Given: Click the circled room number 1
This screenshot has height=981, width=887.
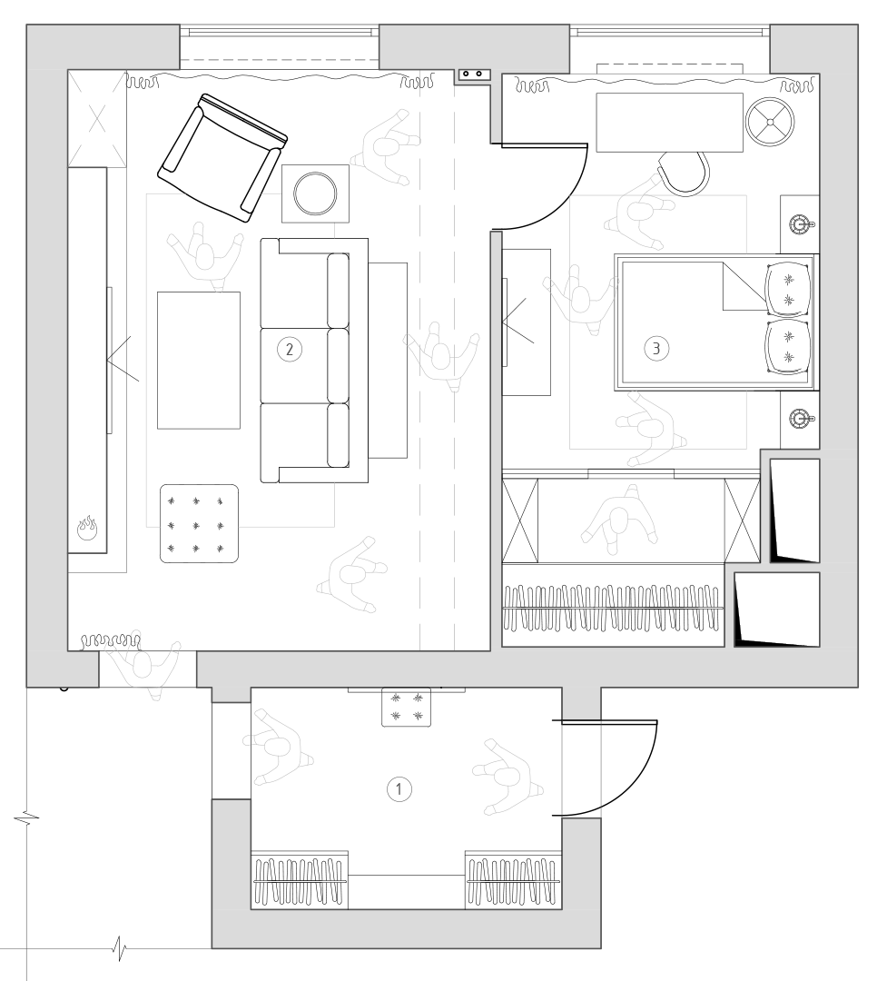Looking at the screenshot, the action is pyautogui.click(x=399, y=789).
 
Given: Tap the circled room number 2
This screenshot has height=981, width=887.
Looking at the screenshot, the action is pyautogui.click(x=289, y=349).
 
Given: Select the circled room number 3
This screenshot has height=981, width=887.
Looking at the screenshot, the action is pyautogui.click(x=656, y=348).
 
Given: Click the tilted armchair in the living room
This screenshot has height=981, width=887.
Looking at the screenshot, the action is pyautogui.click(x=222, y=158).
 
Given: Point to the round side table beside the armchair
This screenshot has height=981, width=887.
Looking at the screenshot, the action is pyautogui.click(x=315, y=193).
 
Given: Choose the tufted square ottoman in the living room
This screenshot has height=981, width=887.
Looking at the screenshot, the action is pyautogui.click(x=200, y=524).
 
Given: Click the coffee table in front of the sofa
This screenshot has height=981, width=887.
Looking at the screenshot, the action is pyautogui.click(x=199, y=361).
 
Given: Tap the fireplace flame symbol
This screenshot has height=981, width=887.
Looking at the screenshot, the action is pyautogui.click(x=87, y=529).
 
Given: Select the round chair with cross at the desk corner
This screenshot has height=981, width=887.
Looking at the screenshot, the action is pyautogui.click(x=771, y=122).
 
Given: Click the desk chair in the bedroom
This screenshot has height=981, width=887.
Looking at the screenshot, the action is pyautogui.click(x=685, y=173).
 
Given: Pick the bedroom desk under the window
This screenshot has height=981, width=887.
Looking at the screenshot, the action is pyautogui.click(x=669, y=123).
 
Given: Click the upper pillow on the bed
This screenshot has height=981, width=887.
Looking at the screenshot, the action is pyautogui.click(x=790, y=289).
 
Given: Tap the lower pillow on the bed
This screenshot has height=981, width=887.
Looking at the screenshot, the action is pyautogui.click(x=790, y=348).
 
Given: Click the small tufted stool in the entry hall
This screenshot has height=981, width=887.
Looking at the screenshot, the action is pyautogui.click(x=406, y=708).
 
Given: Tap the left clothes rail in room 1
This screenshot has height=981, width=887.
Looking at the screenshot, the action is pyautogui.click(x=300, y=881).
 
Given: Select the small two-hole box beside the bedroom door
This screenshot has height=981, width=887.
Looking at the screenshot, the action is pyautogui.click(x=474, y=74).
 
